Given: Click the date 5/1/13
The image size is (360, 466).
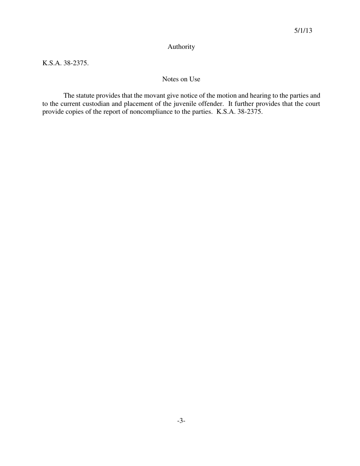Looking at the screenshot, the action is (303, 31).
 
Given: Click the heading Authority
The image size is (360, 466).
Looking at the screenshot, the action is (181, 47).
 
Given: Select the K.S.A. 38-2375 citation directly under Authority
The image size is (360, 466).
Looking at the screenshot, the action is (65, 63).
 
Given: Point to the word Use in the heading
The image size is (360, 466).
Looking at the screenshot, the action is (195, 79).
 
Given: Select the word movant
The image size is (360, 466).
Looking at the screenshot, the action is (154, 95).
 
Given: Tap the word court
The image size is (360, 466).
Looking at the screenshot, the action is (311, 104).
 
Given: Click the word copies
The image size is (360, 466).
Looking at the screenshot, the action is (69, 112).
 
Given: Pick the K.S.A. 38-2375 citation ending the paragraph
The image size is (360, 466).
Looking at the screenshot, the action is (239, 112).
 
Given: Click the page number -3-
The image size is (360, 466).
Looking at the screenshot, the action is (181, 421).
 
